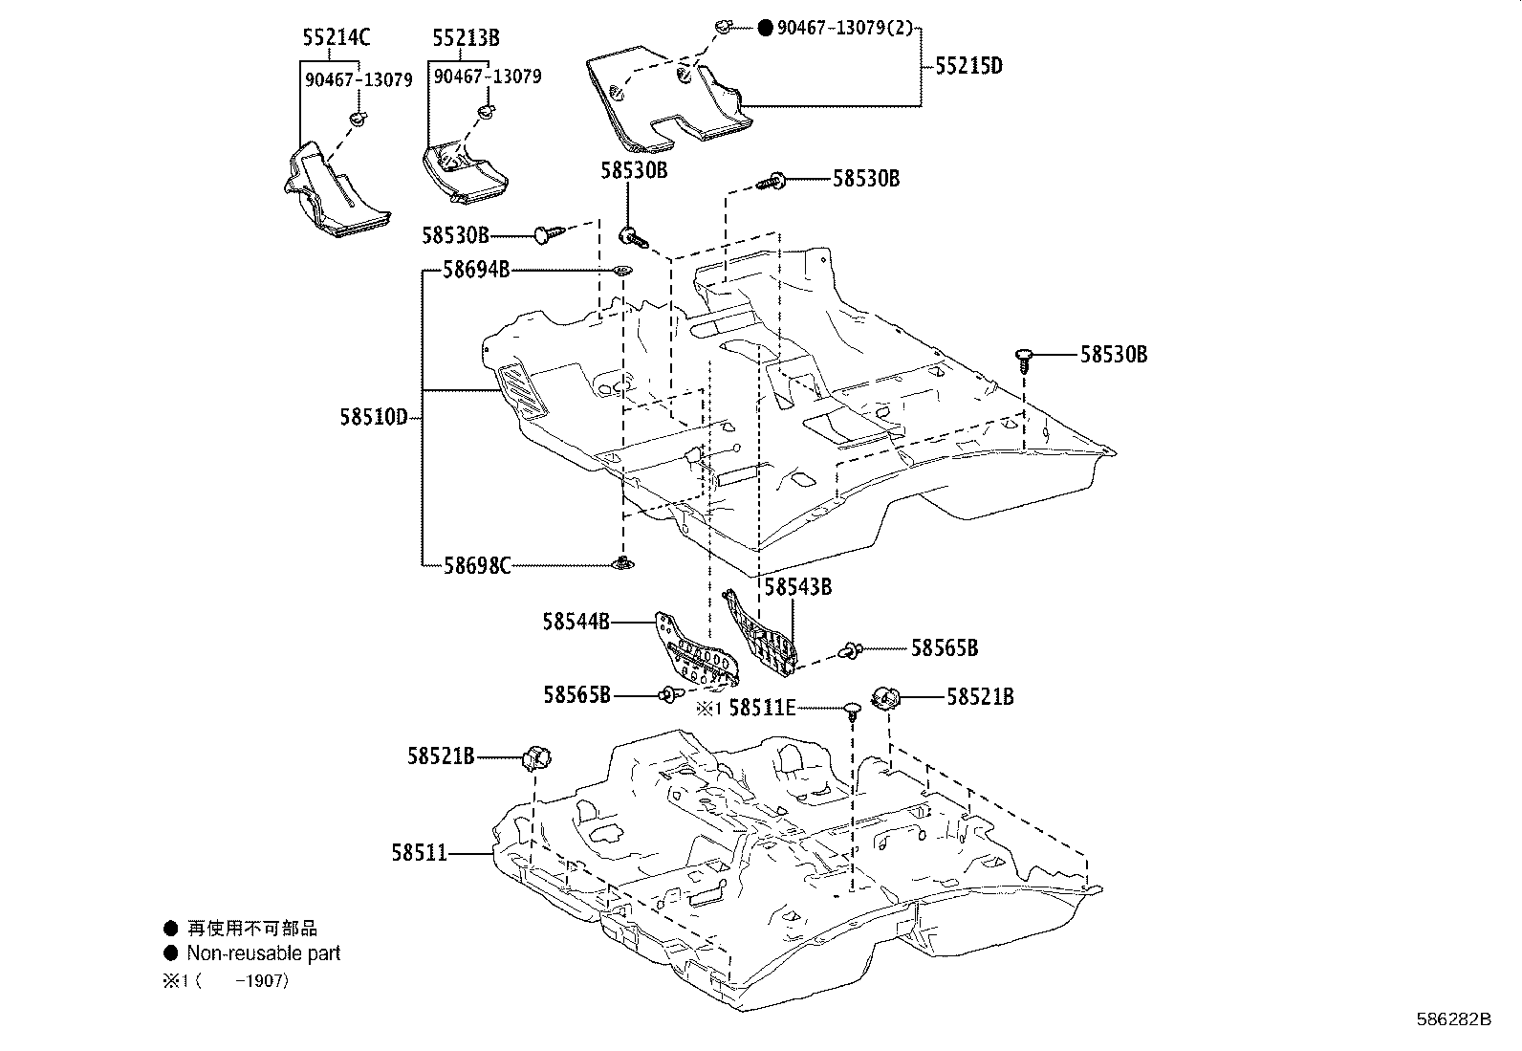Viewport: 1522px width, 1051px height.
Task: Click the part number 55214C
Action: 336,38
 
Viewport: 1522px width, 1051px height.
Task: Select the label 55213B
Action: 466,38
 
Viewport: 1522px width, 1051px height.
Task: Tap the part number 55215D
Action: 968,66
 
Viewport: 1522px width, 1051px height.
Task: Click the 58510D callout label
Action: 373,417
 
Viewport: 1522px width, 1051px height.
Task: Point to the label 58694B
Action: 475,270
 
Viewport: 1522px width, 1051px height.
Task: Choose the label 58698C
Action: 476,565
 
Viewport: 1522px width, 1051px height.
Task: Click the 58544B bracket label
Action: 576,622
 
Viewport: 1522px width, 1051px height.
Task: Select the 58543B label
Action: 797,586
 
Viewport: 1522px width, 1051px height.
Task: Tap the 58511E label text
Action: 762,708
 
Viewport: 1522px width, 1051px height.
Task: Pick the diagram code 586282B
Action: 1453,1018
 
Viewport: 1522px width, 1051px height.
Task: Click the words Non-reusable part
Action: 263,953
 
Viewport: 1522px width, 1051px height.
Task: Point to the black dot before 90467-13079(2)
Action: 765,29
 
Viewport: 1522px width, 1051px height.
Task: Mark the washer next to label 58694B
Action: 620,271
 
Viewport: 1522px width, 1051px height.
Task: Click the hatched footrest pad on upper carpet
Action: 523,392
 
